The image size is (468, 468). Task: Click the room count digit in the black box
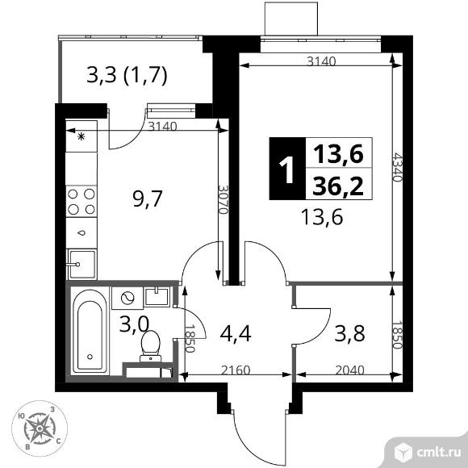click(285, 172)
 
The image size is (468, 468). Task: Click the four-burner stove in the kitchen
click(81, 201)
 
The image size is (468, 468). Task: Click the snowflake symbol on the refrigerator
click(81, 136)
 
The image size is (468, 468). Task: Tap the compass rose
click(40, 427)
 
